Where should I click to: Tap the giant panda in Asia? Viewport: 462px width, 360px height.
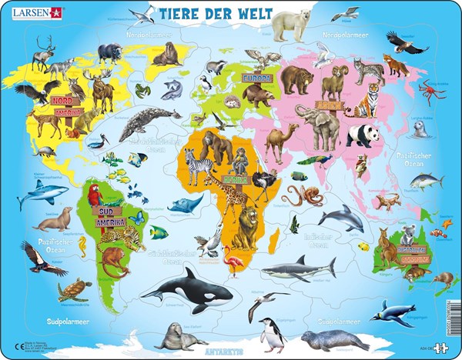362,135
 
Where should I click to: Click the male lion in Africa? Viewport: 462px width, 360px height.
248,228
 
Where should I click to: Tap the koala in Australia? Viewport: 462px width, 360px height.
407,234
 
